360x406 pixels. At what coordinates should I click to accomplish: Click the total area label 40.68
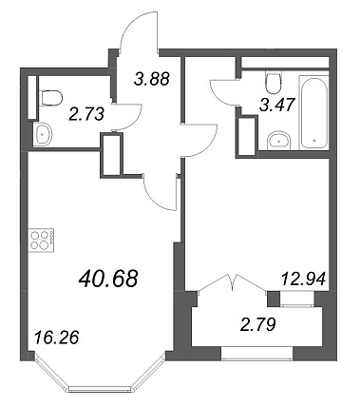coord(109,279)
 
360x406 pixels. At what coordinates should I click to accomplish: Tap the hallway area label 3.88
coord(152,79)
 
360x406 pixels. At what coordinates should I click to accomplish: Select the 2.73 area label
coord(86,114)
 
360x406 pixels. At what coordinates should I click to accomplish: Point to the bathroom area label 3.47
coord(277,105)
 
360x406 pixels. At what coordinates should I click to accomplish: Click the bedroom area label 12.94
coord(303,280)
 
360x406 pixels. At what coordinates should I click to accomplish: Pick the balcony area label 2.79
coord(258,325)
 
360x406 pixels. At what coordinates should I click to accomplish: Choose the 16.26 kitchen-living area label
coord(56,338)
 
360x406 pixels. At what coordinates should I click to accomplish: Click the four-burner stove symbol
coord(41,241)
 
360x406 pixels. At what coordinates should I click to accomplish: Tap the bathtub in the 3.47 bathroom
coord(313,111)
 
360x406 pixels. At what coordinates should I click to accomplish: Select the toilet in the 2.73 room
coord(50,98)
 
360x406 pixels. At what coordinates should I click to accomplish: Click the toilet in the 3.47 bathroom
coord(274,82)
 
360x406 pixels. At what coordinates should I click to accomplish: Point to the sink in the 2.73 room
coord(43,134)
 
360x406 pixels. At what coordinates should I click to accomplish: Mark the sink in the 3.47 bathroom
coord(278,141)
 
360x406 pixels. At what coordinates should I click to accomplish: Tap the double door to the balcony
coord(232,282)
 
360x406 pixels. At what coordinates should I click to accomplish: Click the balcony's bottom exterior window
coord(257,354)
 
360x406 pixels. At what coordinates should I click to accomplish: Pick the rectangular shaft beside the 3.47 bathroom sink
coord(247,136)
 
